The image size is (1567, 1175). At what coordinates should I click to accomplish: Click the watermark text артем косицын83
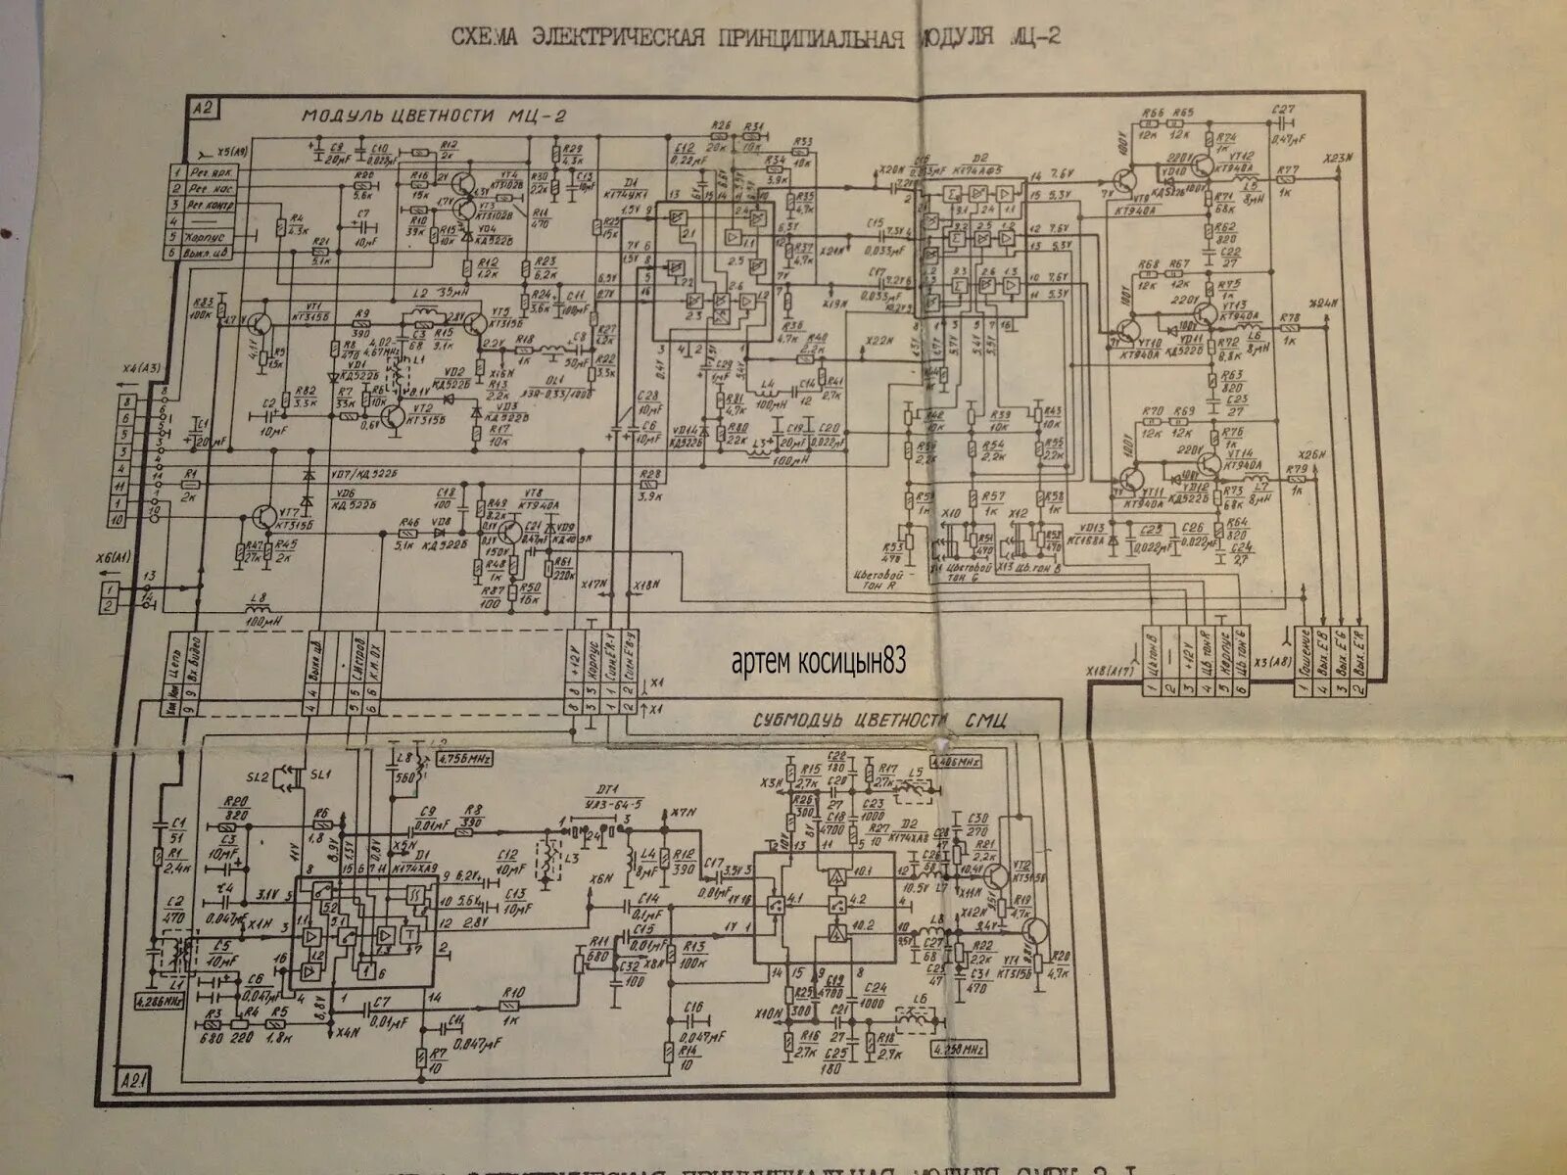(x=818, y=663)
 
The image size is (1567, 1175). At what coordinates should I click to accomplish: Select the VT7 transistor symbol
(x=263, y=519)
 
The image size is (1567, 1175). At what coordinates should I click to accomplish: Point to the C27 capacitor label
(x=1282, y=111)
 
